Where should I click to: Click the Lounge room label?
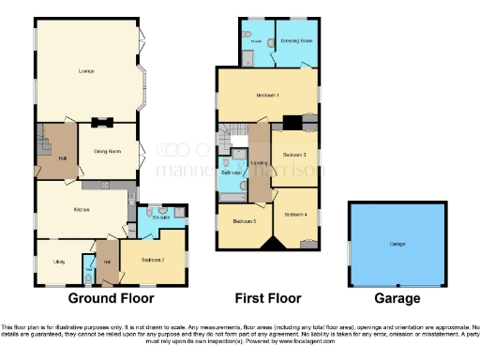coord(85,71)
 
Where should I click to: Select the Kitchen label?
coord(82,209)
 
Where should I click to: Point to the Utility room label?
coord(55,262)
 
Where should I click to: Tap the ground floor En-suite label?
coord(161,217)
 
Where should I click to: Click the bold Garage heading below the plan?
coord(397,298)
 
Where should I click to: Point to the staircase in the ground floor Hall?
coord(45,145)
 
